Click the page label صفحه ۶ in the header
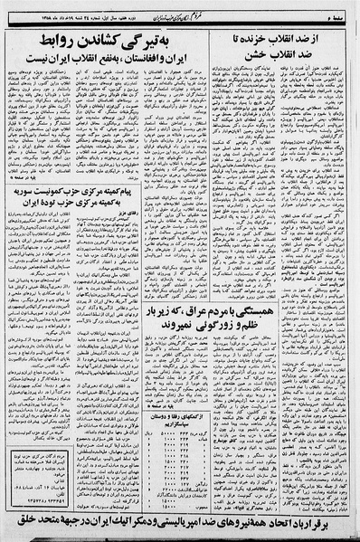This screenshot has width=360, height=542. click(x=344, y=8)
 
